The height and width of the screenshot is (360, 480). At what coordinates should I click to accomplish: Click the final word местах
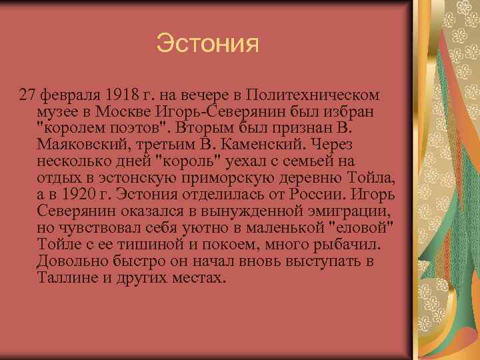pos(197,277)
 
